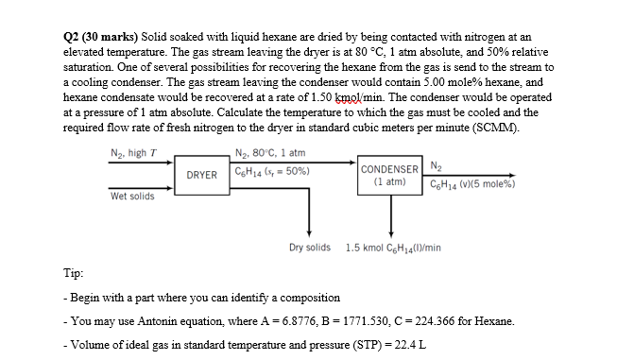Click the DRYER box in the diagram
pos(202,175)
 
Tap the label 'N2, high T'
pos(133,154)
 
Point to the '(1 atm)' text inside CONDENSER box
pos(389,180)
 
